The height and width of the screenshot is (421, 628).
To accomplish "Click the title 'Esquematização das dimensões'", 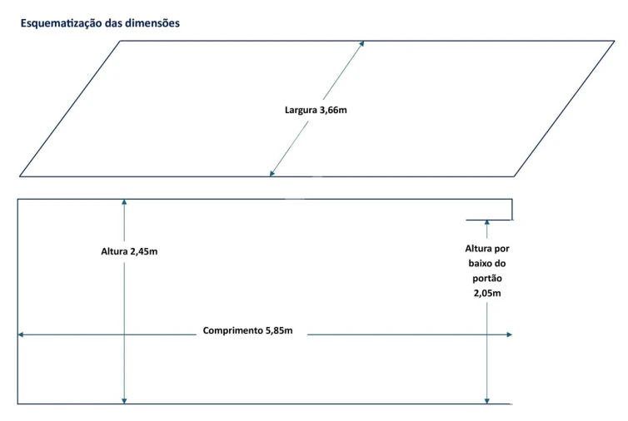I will [x=100, y=23].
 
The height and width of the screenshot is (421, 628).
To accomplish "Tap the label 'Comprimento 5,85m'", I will [x=248, y=330].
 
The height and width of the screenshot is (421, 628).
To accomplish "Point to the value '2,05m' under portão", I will [x=487, y=294].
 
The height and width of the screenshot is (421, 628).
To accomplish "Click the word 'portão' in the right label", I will [x=487, y=279].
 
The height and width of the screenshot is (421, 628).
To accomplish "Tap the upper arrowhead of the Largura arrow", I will [x=361, y=43].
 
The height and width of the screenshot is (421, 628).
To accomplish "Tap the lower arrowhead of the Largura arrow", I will [x=272, y=173].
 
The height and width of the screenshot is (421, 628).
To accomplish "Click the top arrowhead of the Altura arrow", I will [x=124, y=202].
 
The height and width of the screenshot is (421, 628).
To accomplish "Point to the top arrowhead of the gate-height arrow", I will [x=487, y=224].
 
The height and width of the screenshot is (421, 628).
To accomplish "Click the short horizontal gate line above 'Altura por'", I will [x=488, y=220].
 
